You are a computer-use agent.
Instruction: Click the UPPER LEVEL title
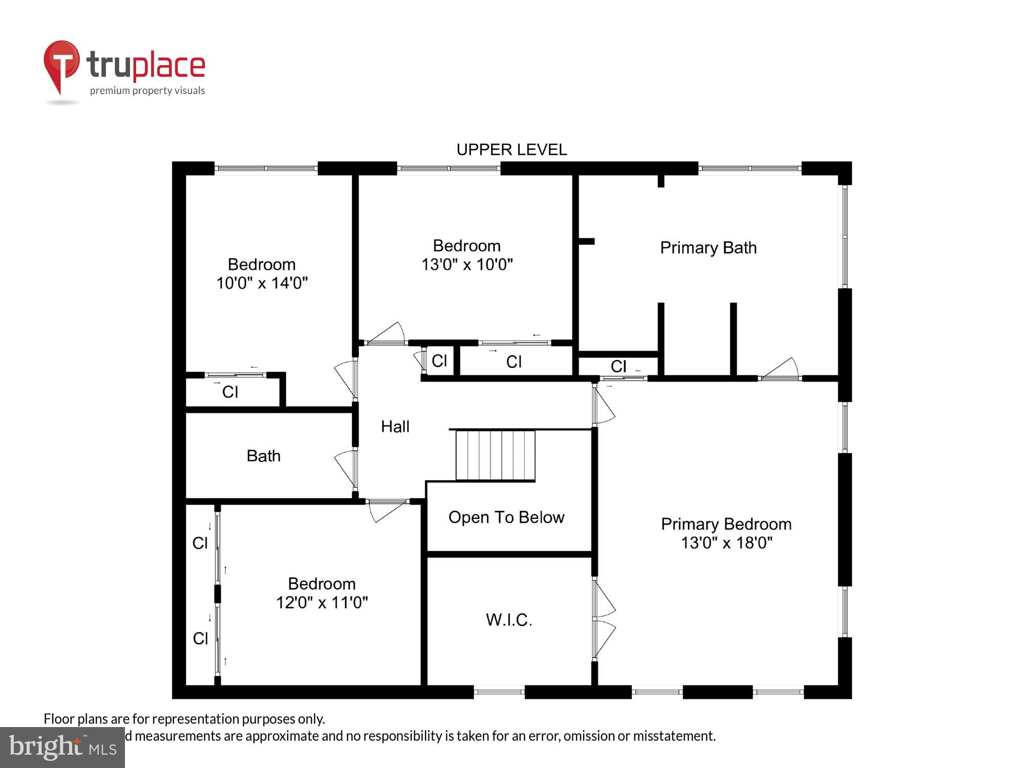coord(511,150)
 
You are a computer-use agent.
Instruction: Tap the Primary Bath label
coord(708,248)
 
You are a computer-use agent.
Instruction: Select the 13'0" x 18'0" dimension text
coord(726,543)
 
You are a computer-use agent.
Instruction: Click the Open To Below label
coord(506,517)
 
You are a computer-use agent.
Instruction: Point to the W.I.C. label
coord(509,620)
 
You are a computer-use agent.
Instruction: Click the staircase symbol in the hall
coord(495,455)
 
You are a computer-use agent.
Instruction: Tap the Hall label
coord(395,426)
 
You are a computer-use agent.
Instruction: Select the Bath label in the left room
coord(264,456)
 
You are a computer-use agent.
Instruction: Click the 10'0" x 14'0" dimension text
coord(262,283)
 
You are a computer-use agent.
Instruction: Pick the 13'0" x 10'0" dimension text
coord(467,264)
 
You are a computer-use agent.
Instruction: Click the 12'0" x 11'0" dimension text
coord(322,602)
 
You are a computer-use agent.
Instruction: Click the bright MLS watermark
coord(62,748)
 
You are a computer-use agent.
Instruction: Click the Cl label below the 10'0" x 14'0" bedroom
coord(230,392)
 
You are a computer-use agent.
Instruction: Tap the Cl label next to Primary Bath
coord(618,367)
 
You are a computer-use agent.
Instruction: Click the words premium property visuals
coord(147,91)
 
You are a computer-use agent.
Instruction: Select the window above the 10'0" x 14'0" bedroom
coord(266,168)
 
